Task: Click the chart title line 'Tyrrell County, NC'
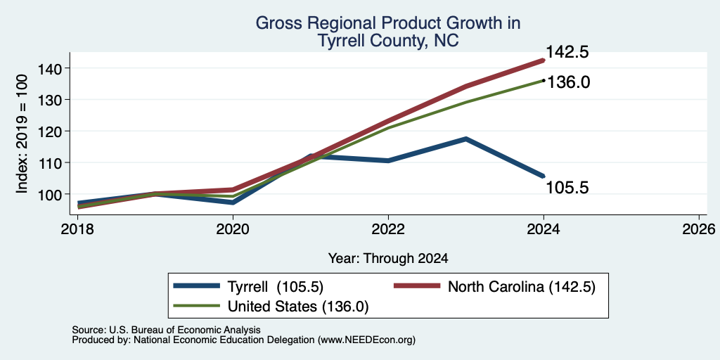387,40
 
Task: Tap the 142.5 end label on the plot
567,52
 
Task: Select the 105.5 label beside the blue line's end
567,187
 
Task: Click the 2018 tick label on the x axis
77,229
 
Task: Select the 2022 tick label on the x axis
388,229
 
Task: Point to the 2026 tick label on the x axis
700,229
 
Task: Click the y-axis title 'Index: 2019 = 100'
22,134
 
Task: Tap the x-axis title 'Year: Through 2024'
388,258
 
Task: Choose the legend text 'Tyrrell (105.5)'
276,287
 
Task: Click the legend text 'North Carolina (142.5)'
521,287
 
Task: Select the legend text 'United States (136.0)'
298,307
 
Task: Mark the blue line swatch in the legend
196,286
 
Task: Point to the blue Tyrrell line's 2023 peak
465,139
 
